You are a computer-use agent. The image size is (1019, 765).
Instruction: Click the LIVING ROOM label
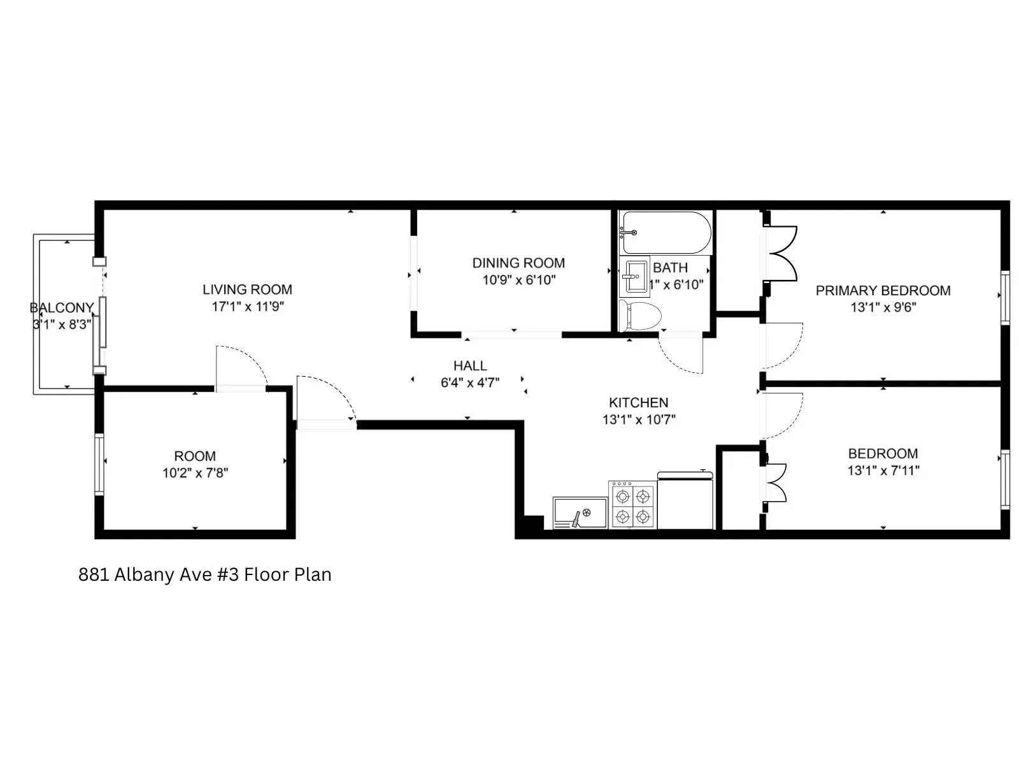pos(247,289)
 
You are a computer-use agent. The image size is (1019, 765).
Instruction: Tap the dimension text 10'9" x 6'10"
pos(518,280)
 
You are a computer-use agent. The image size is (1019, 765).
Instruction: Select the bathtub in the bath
pos(666,233)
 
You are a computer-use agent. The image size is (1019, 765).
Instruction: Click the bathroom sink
pos(636,276)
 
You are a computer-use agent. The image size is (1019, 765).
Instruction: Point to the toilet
pos(640,316)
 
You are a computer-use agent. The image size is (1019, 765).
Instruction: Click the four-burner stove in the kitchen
pos(632,505)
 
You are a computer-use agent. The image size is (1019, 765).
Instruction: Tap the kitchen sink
pos(580,513)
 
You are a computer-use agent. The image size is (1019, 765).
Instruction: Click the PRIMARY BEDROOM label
pos(883,291)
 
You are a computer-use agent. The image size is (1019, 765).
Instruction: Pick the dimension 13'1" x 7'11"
pos(883,470)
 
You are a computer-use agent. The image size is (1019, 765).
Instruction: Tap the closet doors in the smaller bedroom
pos(776,483)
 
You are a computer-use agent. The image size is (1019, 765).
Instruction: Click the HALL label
pos(470,366)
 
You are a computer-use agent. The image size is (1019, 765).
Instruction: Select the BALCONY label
pos(61,308)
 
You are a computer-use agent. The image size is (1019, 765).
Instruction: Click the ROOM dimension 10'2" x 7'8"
pos(195,473)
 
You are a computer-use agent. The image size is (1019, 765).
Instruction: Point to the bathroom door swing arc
pos(680,353)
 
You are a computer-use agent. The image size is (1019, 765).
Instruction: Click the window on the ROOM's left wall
pos(99,463)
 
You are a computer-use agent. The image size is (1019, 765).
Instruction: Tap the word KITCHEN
pos(638,403)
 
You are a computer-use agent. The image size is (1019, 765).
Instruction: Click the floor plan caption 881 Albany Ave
pos(204,574)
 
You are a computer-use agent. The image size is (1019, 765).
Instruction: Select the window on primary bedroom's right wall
pos(1005,297)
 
